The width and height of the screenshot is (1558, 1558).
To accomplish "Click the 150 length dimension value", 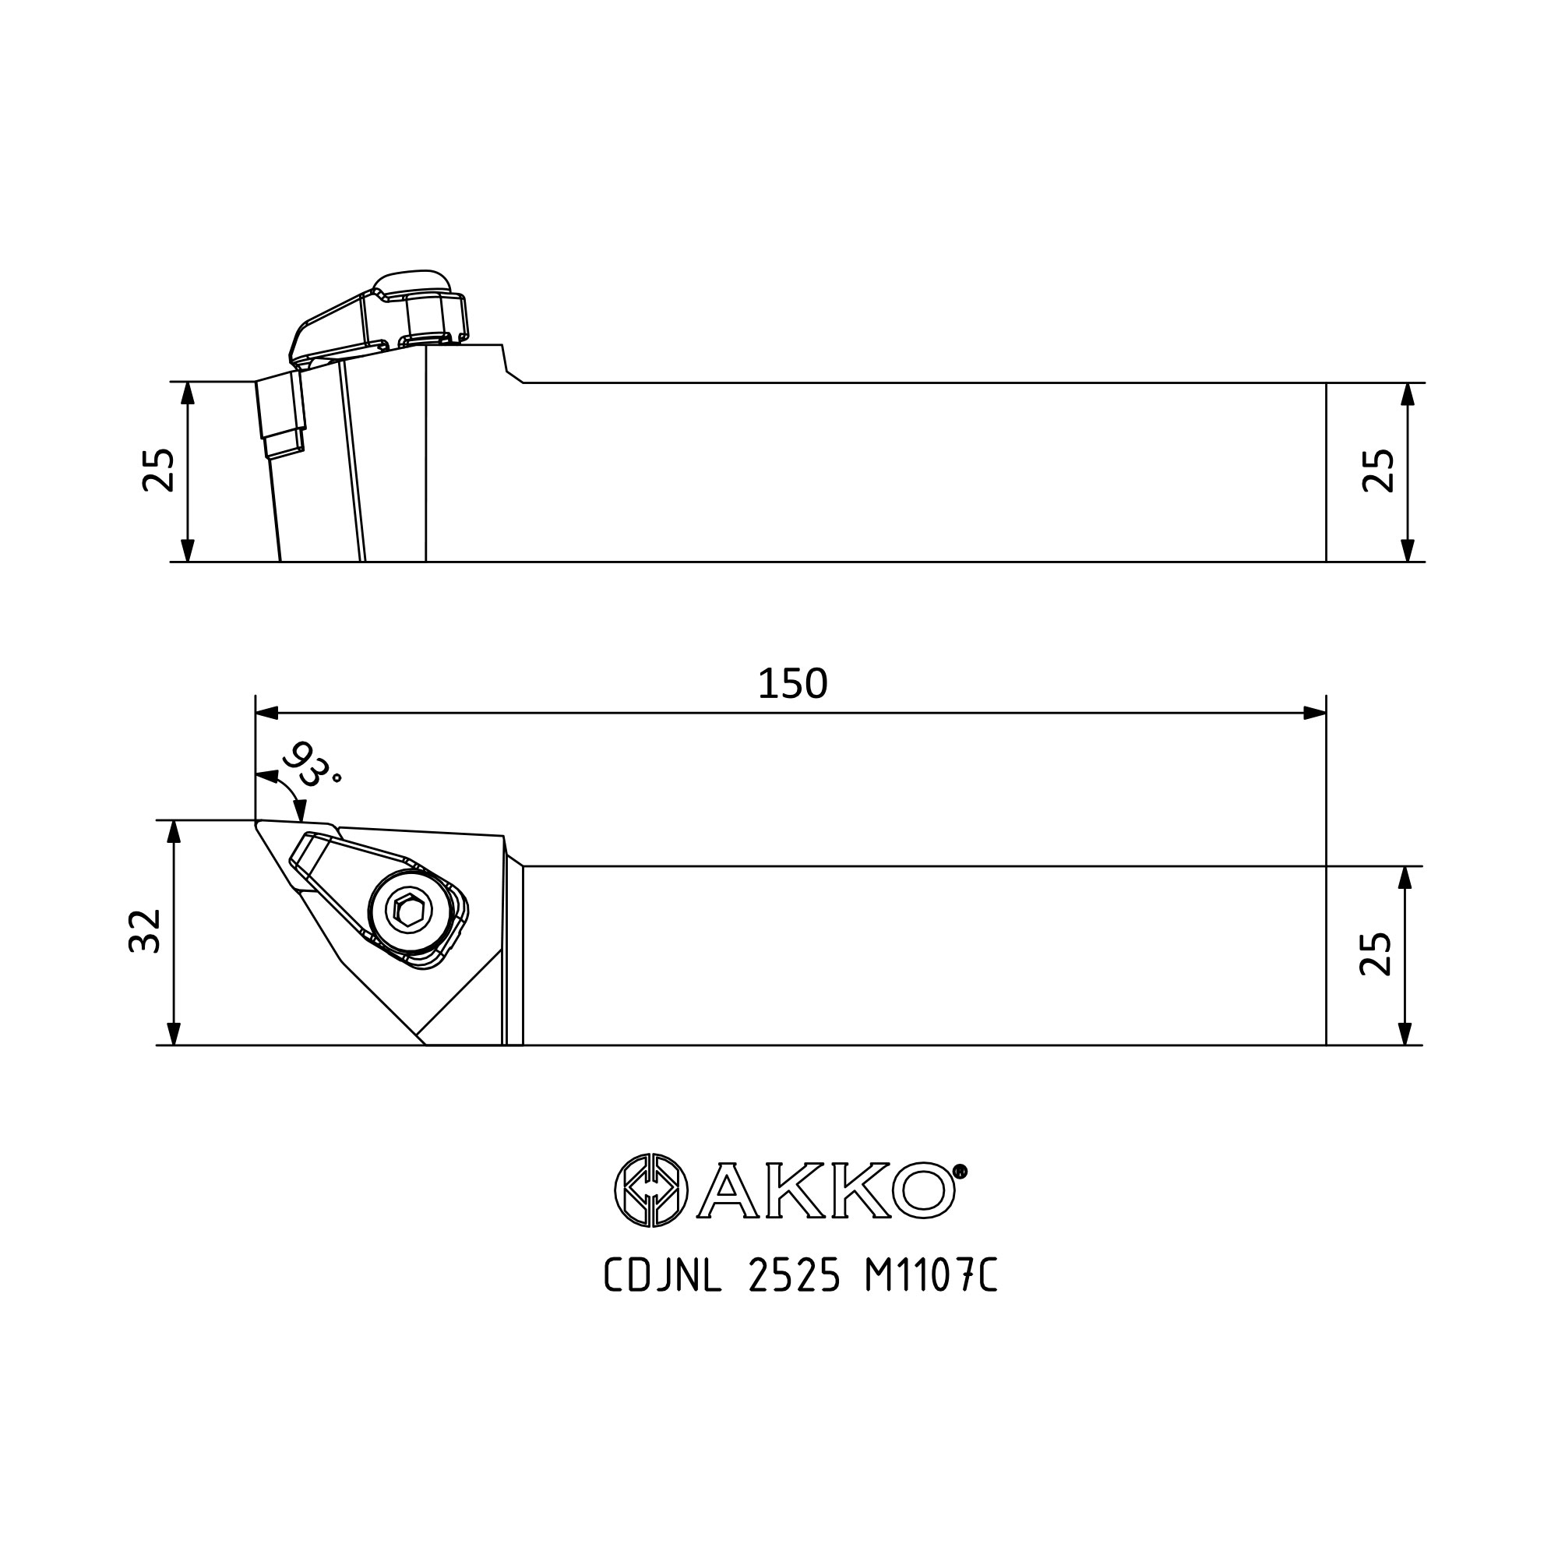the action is pos(793,685).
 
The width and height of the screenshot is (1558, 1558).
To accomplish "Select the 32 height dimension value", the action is pos(146,932).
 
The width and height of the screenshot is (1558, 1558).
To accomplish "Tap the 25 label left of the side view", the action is pos(159,471).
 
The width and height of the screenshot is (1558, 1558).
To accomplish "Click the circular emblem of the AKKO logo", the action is pos(651,1190).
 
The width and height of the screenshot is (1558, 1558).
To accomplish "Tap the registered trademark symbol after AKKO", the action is pos(960,1171).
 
